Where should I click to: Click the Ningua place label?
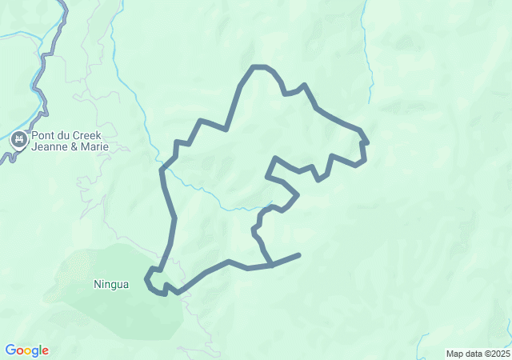[110, 284]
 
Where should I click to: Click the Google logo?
[26, 350]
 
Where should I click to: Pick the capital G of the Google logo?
[10, 350]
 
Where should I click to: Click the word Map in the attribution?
[456, 354]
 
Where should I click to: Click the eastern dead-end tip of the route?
[299, 255]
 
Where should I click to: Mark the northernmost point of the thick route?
[258, 66]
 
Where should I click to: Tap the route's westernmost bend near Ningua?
[146, 280]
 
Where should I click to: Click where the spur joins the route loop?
[272, 264]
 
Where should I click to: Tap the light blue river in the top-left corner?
[16, 35]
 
